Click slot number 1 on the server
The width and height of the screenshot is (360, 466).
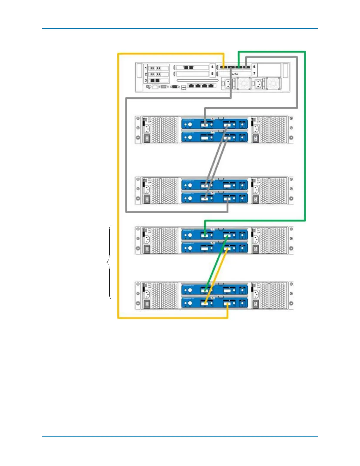[x=146, y=68]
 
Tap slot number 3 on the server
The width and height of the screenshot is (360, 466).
[x=146, y=80]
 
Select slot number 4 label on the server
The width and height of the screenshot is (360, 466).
[x=212, y=67]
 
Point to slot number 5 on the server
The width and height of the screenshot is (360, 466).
[x=212, y=74]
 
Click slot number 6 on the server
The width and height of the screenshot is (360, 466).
[x=254, y=67]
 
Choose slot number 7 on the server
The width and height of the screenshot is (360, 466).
[x=254, y=74]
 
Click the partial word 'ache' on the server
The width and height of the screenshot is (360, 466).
[x=235, y=74]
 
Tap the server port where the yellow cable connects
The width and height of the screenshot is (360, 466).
[x=223, y=68]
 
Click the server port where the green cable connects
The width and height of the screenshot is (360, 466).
[x=239, y=68]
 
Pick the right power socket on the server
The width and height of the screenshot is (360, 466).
[x=260, y=84]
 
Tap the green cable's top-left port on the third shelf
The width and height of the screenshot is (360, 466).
[x=205, y=235]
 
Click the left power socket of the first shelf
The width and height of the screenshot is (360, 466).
[x=146, y=129]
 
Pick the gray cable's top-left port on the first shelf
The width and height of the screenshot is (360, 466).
[x=205, y=125]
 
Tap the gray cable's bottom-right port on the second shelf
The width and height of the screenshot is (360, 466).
[x=227, y=199]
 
